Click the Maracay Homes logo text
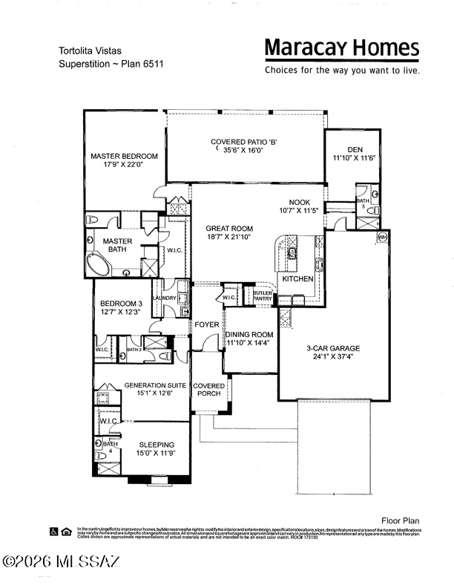(342, 49)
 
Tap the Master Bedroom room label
(124, 156)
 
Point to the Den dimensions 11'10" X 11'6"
(355, 157)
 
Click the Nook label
(300, 202)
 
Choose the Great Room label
(229, 229)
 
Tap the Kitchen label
(297, 278)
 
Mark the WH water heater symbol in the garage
(383, 237)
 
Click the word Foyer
(207, 325)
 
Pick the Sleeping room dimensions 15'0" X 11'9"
(155, 453)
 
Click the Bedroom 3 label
(122, 304)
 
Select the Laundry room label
(164, 298)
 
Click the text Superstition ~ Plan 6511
(111, 64)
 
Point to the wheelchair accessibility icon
(53, 531)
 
